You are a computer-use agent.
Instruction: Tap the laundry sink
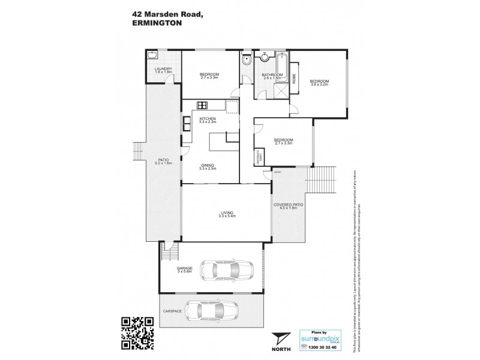[152, 56]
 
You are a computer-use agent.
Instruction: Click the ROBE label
[294, 78]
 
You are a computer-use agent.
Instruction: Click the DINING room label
[208, 166]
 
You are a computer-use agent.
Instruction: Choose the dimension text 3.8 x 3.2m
[319, 85]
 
